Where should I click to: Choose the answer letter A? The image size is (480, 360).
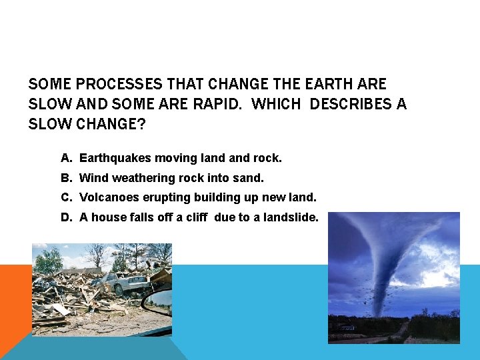65,159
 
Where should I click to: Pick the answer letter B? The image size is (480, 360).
65,178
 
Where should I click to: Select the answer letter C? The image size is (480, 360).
65,197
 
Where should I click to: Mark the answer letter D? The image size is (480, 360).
65,217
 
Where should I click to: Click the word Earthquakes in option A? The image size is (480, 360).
115,159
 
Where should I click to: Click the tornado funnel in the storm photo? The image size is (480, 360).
387,267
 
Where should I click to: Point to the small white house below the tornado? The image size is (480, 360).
347,327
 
